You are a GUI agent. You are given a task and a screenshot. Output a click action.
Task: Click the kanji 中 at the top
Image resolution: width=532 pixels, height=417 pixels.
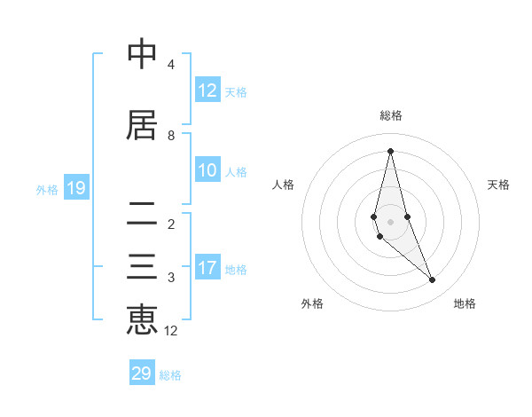pyautogui.click(x=142, y=55)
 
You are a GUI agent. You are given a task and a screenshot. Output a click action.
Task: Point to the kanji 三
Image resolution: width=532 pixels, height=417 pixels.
pyautogui.click(x=142, y=268)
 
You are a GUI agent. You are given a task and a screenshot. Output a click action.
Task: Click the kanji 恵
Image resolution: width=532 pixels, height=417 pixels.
pyautogui.click(x=142, y=320)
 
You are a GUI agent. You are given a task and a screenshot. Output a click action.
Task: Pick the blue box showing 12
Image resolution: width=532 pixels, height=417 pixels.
pyautogui.click(x=207, y=90)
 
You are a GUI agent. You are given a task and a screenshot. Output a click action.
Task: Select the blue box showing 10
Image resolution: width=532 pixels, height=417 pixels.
pyautogui.click(x=207, y=170)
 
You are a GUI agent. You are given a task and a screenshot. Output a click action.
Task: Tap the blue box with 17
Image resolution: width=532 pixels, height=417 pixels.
pyautogui.click(x=207, y=268)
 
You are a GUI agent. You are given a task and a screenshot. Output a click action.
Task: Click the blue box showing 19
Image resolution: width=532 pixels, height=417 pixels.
pyautogui.click(x=75, y=188)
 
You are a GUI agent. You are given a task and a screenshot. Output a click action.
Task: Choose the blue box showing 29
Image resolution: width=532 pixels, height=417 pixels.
pyautogui.click(x=141, y=374)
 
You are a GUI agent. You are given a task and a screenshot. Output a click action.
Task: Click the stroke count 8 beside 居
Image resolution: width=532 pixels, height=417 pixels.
pyautogui.click(x=171, y=136)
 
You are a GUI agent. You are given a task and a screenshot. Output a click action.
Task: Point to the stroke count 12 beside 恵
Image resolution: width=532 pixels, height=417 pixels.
pyautogui.click(x=171, y=331)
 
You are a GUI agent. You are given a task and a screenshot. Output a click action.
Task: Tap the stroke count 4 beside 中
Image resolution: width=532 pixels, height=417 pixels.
pyautogui.click(x=171, y=65)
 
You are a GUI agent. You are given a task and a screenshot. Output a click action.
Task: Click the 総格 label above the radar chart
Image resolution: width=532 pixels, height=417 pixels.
pyautogui.click(x=391, y=115)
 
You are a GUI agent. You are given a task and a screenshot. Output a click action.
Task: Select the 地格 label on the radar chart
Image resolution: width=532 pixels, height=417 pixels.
pyautogui.click(x=465, y=303)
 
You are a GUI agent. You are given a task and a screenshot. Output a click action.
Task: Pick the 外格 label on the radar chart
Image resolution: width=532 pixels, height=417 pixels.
pyautogui.click(x=312, y=303)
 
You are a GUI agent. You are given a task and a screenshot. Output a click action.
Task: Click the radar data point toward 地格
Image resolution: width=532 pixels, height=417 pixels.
pyautogui.click(x=433, y=280)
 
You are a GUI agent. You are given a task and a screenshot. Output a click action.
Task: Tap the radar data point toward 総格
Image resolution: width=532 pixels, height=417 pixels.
pyautogui.click(x=391, y=151)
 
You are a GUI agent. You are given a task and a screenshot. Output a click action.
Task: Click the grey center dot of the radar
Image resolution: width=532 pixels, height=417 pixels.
pyautogui.click(x=391, y=221)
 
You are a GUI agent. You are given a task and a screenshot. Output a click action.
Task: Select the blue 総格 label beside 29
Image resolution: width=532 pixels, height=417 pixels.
pyautogui.click(x=170, y=375)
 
